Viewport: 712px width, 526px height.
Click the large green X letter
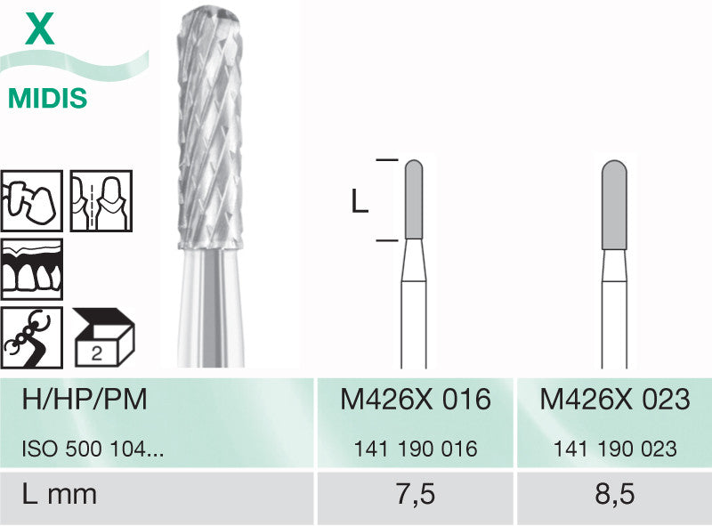(x=40, y=28)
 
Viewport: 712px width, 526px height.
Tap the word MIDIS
(x=48, y=98)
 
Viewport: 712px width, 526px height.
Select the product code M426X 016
(x=416, y=400)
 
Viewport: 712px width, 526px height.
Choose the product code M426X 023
(x=615, y=400)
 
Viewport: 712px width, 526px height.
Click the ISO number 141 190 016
(x=416, y=449)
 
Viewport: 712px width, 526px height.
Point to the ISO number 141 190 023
(x=615, y=449)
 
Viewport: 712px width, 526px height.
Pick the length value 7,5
(x=416, y=494)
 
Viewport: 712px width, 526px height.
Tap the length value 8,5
(x=615, y=494)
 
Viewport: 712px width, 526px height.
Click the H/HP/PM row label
(x=85, y=400)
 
